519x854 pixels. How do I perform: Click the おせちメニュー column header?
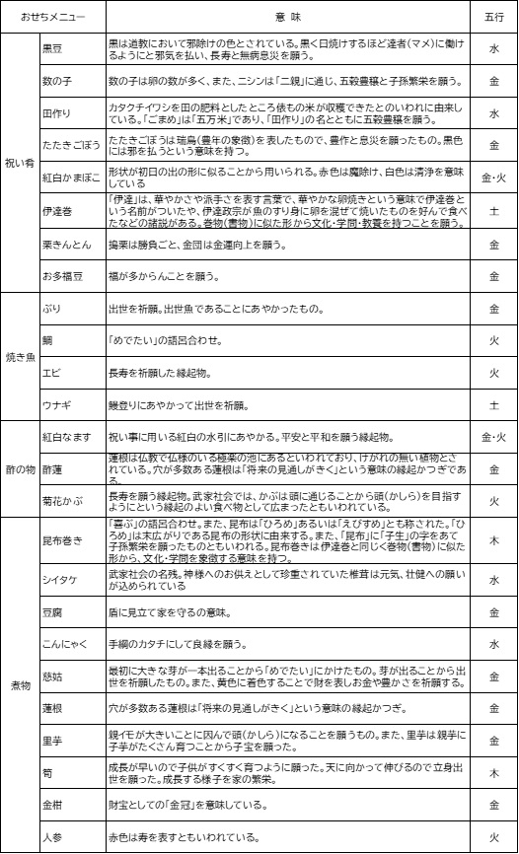pos(52,17)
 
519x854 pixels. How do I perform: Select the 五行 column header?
pos(494,17)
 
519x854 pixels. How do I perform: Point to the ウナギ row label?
pos(55,403)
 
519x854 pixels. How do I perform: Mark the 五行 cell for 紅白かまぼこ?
pos(494,178)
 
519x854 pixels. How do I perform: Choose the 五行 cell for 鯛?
pos(494,339)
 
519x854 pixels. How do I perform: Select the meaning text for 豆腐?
pos(169,612)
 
